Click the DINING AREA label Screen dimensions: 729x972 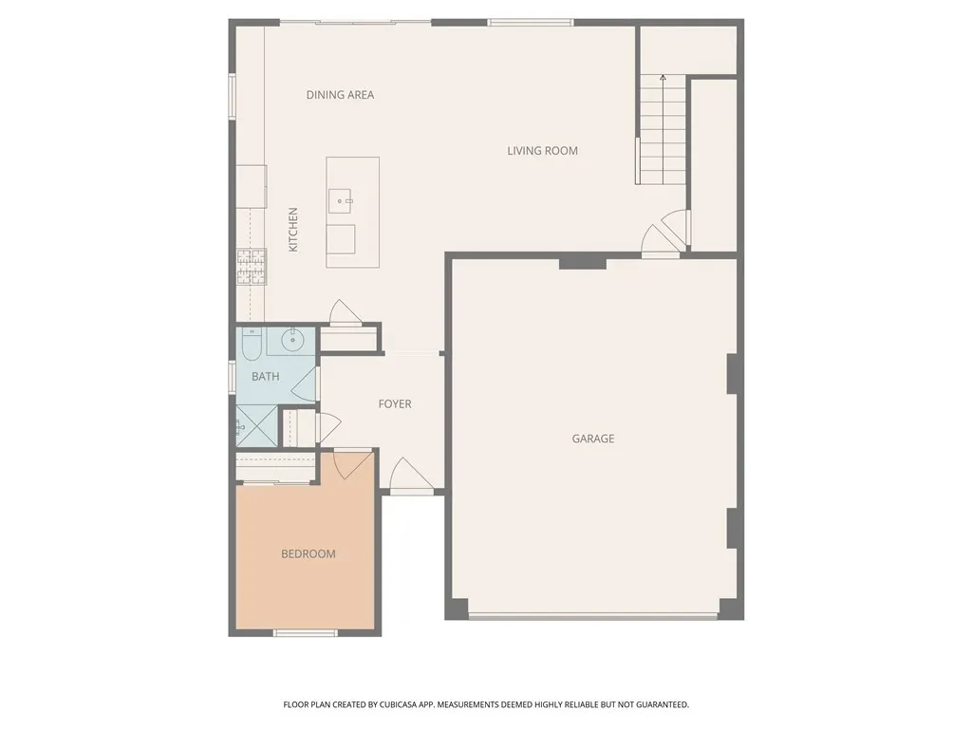[340, 95]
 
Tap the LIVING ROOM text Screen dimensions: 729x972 [542, 151]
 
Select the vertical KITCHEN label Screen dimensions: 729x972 [293, 229]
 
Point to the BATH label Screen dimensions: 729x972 [265, 377]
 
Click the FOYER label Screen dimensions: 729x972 [395, 404]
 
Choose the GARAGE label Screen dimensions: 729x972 [592, 439]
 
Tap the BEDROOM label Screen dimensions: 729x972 [308, 554]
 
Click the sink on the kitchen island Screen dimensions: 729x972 [341, 201]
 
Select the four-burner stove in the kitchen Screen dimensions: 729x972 [252, 266]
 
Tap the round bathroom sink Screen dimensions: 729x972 [293, 339]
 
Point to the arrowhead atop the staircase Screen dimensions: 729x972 [663, 77]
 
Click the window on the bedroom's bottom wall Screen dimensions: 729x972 [305, 633]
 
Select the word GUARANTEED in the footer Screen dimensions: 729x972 [660, 705]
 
